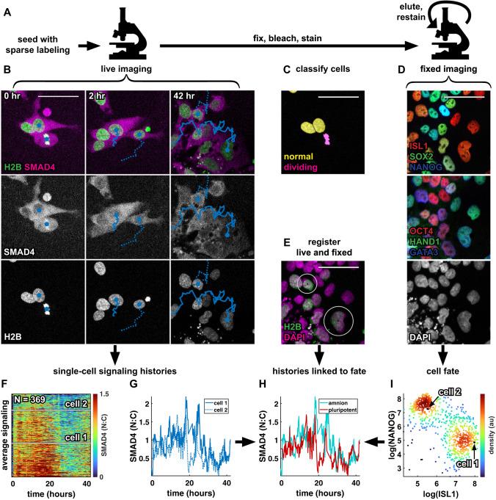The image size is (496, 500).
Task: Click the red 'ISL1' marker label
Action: [x=420, y=146]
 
